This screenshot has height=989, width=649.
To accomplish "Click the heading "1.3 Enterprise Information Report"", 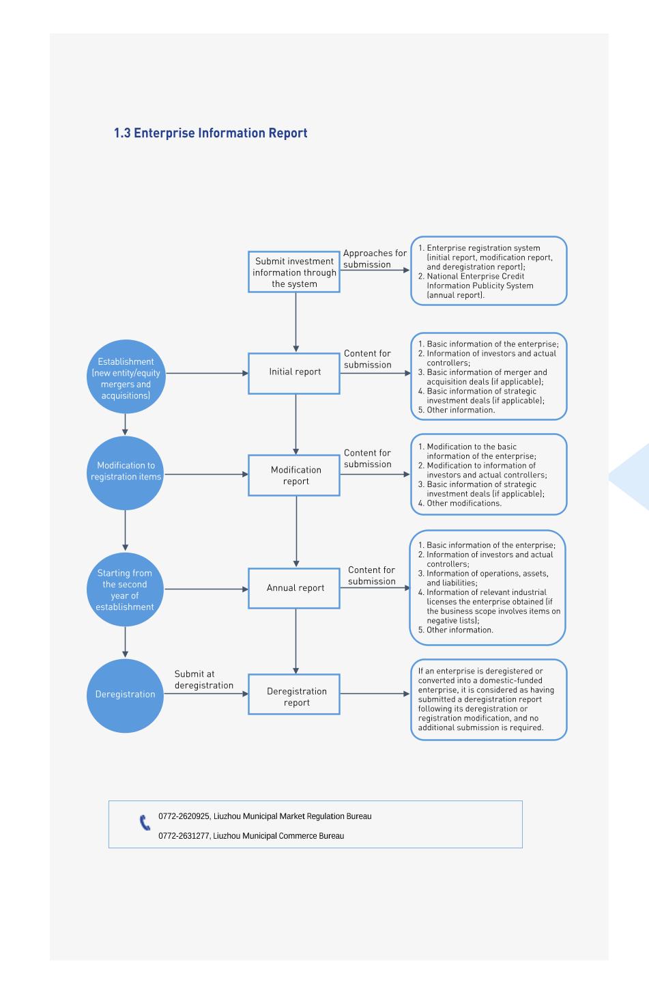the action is pos(210,133).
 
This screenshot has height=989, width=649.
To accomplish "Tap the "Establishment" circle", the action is pos(126,376).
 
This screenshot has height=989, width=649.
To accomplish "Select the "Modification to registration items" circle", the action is pos(126,473).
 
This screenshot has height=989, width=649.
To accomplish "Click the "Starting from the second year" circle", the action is pos(126,589).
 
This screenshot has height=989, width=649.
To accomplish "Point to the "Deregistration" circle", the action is pos(126,696).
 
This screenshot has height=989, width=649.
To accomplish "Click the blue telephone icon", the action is pos(145,822).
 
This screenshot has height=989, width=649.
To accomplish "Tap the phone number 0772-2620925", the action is pos(184,816).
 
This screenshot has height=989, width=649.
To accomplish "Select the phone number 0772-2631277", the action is pos(184,836).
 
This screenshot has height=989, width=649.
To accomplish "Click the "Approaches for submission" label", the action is pos(375,259).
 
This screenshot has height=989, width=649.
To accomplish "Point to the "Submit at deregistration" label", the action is pos(204,680).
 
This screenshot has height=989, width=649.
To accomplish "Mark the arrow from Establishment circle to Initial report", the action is pos(207,373).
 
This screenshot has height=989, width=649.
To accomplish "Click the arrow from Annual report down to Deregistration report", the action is pos(295,641).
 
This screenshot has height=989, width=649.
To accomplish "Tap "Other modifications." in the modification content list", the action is pos(463,503).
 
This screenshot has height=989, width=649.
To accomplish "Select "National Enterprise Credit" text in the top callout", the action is pos(475,277).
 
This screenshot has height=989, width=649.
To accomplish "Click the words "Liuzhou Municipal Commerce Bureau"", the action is pos(278,836).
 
